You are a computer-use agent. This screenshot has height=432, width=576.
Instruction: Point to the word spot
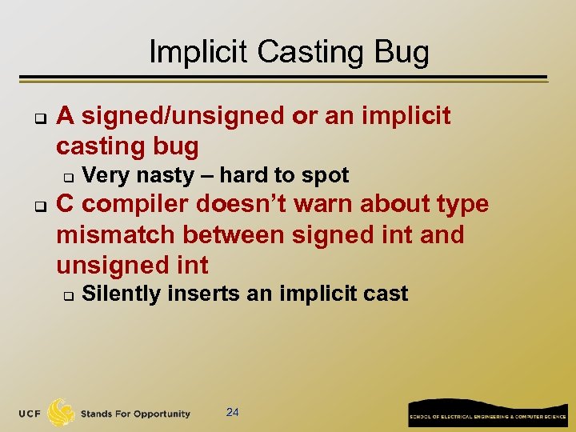click(324, 175)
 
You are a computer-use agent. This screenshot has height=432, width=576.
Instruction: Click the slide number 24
click(233, 412)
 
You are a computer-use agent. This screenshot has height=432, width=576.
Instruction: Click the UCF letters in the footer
click(31, 414)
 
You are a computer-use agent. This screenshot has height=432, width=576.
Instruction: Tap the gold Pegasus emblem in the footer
click(62, 413)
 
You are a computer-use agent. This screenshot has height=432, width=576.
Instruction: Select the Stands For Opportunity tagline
click(135, 414)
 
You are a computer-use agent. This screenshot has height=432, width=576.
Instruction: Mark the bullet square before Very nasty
click(68, 176)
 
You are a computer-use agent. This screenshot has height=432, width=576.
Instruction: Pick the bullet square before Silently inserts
click(68, 295)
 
